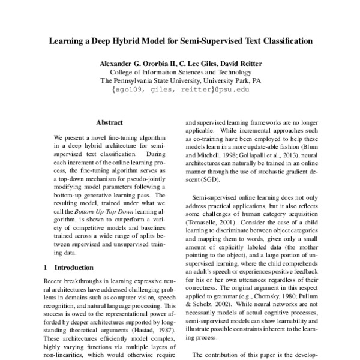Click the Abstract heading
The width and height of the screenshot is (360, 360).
109,122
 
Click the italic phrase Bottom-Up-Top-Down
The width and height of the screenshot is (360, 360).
107,212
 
